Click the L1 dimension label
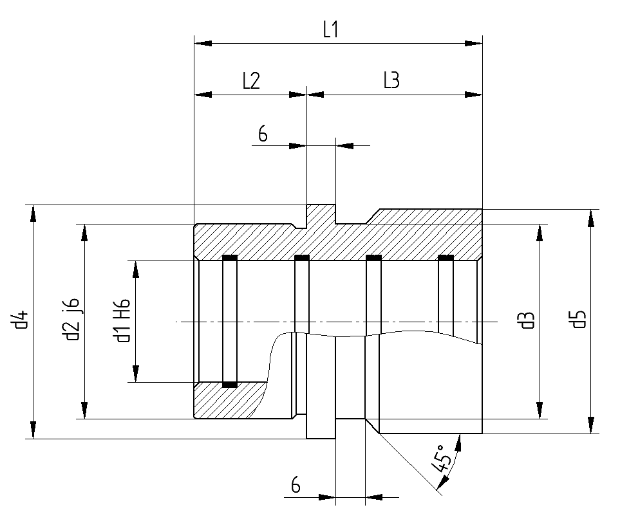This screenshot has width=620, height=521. pyautogui.click(x=330, y=30)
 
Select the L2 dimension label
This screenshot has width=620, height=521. pyautogui.click(x=250, y=81)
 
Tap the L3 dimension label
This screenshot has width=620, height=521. pyautogui.click(x=391, y=81)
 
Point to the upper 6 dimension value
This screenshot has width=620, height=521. pyautogui.click(x=263, y=134)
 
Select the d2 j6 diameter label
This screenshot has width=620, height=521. pyautogui.click(x=73, y=320)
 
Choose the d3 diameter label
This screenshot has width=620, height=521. pyautogui.click(x=528, y=320)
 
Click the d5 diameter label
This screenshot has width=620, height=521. pyautogui.click(x=579, y=320)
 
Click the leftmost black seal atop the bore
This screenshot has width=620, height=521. pyautogui.click(x=229, y=259)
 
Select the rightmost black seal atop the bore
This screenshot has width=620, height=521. pyautogui.click(x=446, y=259)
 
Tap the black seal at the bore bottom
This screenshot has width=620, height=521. pyautogui.click(x=229, y=385)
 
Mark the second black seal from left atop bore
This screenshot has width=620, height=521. pyautogui.click(x=301, y=259)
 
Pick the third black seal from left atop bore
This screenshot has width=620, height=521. pyautogui.click(x=373, y=259)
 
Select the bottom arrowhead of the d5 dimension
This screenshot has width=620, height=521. pyautogui.click(x=590, y=426)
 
